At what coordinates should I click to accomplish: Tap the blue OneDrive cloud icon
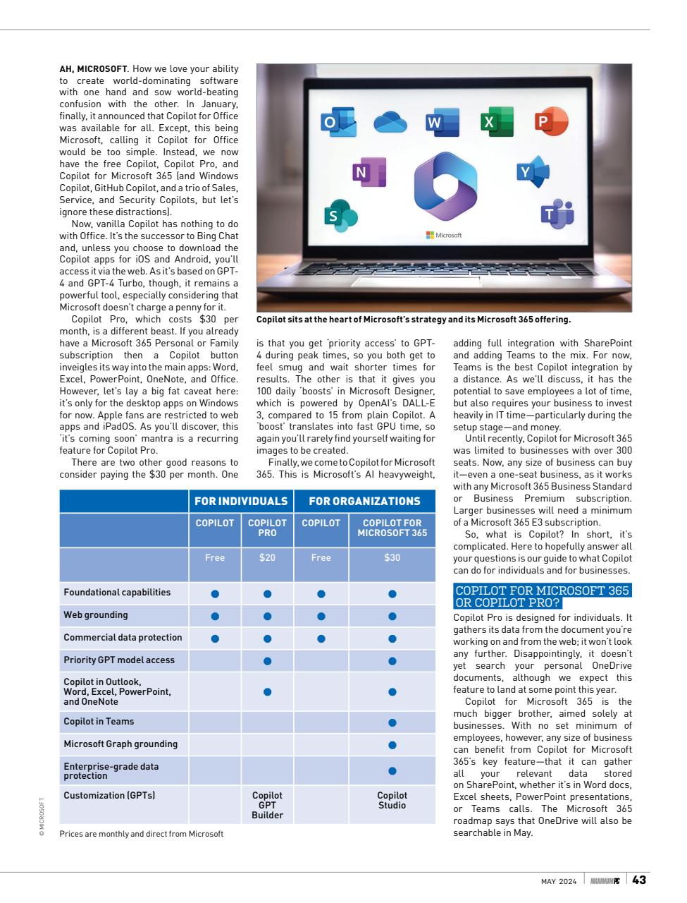[x=390, y=122]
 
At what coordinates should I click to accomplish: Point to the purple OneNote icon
[x=369, y=172]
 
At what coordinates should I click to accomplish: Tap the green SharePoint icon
[x=340, y=214]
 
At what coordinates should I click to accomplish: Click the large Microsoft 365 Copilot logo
[x=445, y=185]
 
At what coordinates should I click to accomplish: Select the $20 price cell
[x=267, y=557]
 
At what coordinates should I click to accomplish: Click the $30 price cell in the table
[x=392, y=557]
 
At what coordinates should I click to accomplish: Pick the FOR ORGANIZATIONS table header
[x=364, y=501]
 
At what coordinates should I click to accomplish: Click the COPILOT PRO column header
[x=267, y=528]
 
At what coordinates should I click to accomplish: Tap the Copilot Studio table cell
[x=392, y=800]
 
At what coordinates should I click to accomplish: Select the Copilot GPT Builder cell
[x=267, y=805]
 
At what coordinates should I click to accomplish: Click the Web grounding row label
[x=96, y=615]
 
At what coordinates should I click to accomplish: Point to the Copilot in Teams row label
[x=99, y=722]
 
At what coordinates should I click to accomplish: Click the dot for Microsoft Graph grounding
[x=392, y=744]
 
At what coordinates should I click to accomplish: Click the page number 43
[x=639, y=880]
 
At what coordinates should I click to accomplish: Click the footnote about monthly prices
[x=141, y=834]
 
